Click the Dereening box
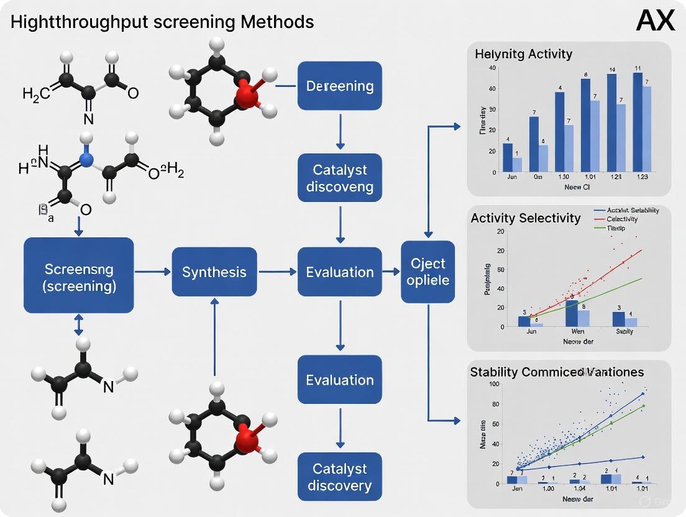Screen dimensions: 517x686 click(x=340, y=86)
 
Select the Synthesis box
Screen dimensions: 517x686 click(x=214, y=272)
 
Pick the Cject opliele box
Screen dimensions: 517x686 click(x=428, y=272)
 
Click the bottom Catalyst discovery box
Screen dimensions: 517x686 click(x=340, y=477)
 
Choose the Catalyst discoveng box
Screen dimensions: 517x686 click(x=340, y=178)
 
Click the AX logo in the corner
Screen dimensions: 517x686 click(x=656, y=21)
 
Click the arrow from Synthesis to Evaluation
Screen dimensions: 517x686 click(x=278, y=272)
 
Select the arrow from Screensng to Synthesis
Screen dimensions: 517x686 click(x=152, y=272)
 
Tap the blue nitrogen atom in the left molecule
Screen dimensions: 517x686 click(x=86, y=160)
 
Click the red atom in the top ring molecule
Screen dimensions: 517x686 click(x=247, y=98)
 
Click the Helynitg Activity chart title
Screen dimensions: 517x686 click(x=523, y=54)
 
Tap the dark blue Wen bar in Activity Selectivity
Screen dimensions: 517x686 click(x=571, y=313)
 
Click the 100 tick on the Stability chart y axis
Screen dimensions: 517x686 click(x=494, y=384)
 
